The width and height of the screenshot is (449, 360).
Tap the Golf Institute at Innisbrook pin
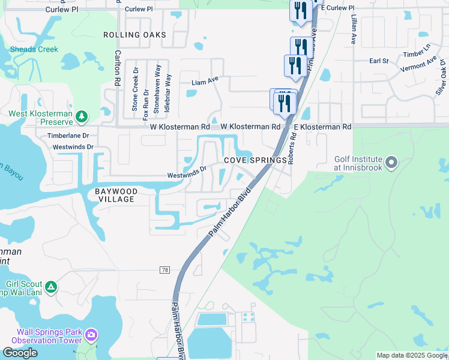pos(391,162)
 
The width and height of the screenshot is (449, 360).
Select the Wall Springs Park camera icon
pos(91,334)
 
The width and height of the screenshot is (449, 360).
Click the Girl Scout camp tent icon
pos(52,287)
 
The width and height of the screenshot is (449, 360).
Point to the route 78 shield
pos(164,271)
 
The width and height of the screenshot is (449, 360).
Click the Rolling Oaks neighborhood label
pos(134,35)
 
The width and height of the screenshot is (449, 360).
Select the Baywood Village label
pos(116,195)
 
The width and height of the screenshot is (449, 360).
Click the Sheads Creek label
pos(35,49)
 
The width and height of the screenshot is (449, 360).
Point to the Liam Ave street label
pos(205,81)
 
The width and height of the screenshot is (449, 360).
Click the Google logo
pos(19,353)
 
